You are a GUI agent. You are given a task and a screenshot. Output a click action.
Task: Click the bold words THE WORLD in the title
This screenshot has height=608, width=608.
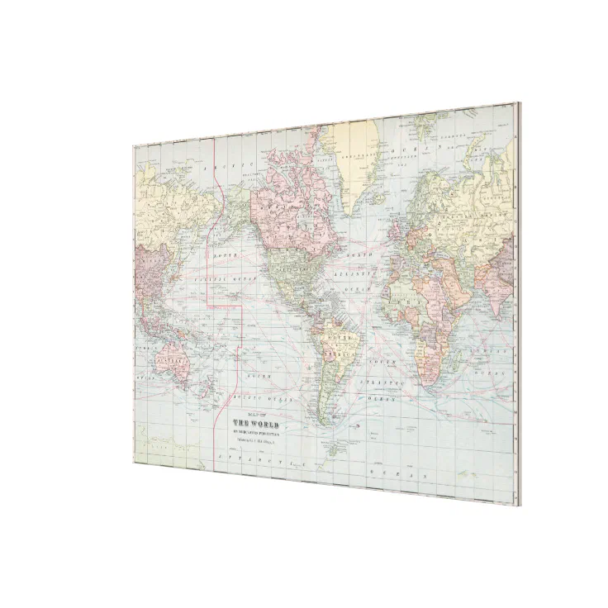pos(258,424)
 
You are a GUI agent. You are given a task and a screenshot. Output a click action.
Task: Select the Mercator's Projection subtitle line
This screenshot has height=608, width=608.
pos(259,432)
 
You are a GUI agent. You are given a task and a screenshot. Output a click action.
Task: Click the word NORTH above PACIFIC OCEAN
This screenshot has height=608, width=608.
pos(226,257)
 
